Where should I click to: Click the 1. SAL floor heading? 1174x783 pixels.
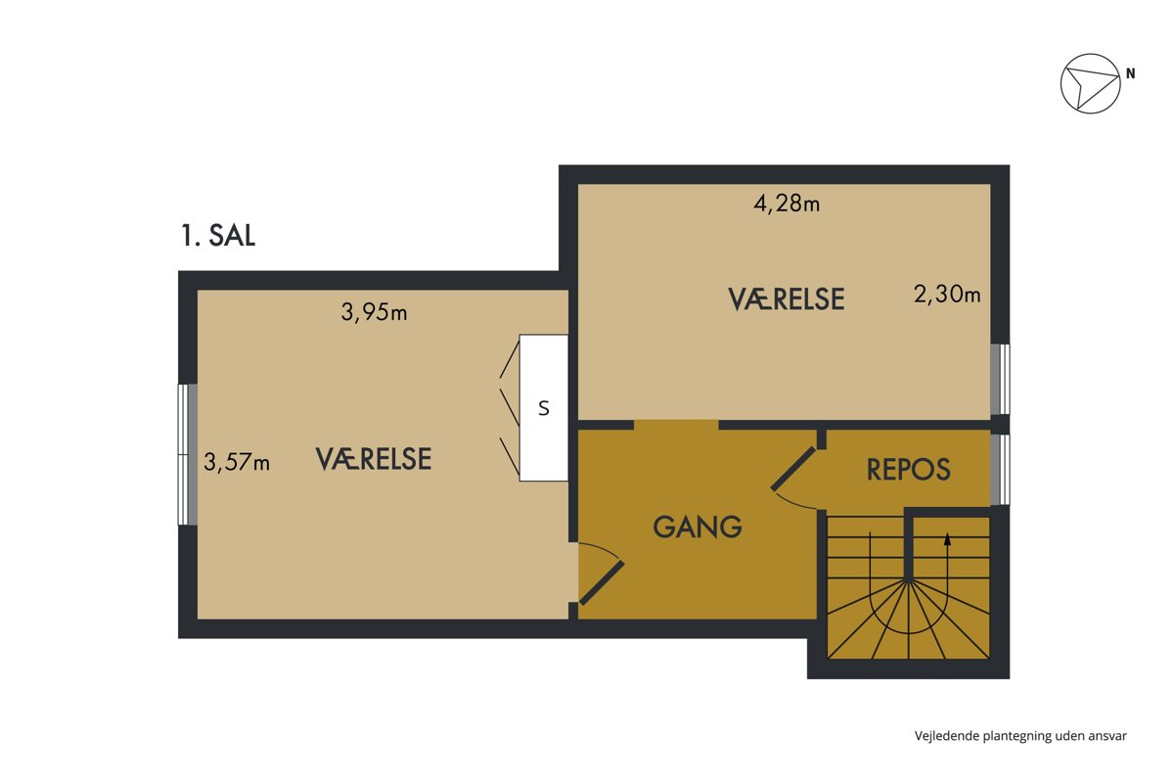(x=218, y=236)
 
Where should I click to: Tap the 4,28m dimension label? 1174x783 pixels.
(x=787, y=203)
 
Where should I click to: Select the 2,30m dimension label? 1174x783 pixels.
(x=947, y=295)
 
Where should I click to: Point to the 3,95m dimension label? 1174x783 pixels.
(x=374, y=312)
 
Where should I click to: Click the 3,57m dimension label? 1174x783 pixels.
(x=237, y=463)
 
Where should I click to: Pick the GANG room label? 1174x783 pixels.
(x=697, y=527)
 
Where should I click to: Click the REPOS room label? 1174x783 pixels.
(x=908, y=470)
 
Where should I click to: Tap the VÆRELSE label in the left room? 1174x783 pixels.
(x=374, y=459)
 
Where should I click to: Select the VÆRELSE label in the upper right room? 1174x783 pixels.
(x=787, y=299)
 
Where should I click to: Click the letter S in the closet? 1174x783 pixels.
(x=544, y=408)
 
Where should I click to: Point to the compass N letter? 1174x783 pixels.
(x=1131, y=74)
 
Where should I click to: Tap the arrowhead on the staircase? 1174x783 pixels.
(x=947, y=539)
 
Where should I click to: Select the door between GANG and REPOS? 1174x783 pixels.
(x=793, y=468)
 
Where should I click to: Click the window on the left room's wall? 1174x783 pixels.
(x=187, y=455)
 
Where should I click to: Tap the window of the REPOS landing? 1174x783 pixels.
(x=1000, y=470)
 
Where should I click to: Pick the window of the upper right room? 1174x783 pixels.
(x=1000, y=379)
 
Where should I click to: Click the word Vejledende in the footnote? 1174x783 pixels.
(x=947, y=736)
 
